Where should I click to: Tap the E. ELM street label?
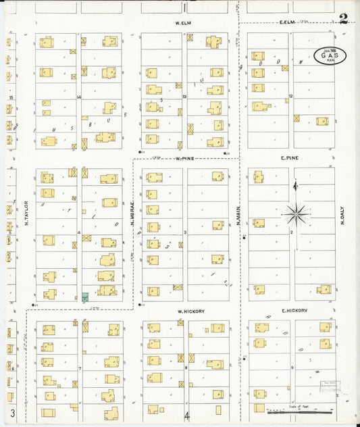288,22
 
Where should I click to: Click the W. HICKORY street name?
190,311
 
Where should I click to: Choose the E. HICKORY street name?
294,311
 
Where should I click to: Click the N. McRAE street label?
133,215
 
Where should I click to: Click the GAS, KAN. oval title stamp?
330,56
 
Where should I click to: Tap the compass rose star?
295,215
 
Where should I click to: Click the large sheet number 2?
343,18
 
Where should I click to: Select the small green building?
85,297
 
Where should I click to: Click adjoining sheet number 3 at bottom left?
13,412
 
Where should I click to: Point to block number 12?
290,97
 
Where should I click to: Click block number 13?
184,97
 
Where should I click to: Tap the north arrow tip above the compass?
294,184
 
